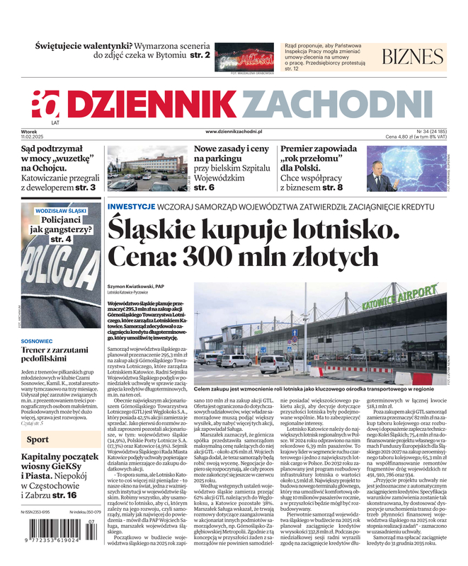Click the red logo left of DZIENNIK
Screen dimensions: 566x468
point(46,105)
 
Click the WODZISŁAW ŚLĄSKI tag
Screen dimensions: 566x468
point(61,211)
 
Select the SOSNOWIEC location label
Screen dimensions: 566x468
point(41,340)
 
